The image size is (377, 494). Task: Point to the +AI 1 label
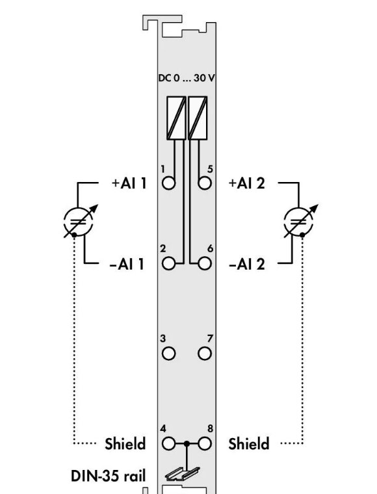click(x=129, y=183)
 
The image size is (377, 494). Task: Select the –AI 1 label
click(x=127, y=264)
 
